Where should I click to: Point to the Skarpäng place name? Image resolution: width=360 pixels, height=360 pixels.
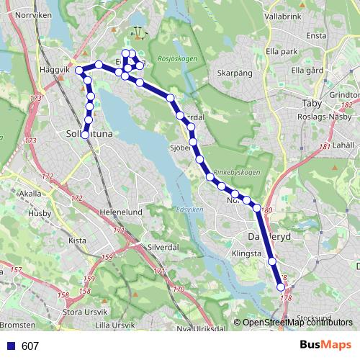(x=233, y=73)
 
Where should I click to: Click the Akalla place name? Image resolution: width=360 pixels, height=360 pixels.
(x=31, y=194)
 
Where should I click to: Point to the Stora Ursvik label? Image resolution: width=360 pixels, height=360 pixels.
(x=86, y=312)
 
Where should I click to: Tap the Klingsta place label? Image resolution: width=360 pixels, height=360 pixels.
(x=246, y=254)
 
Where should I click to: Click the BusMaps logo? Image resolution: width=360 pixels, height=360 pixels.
(x=325, y=346)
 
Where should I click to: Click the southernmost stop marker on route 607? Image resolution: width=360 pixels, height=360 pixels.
(x=281, y=287)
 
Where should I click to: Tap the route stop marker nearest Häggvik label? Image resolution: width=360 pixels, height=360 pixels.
(x=79, y=70)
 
